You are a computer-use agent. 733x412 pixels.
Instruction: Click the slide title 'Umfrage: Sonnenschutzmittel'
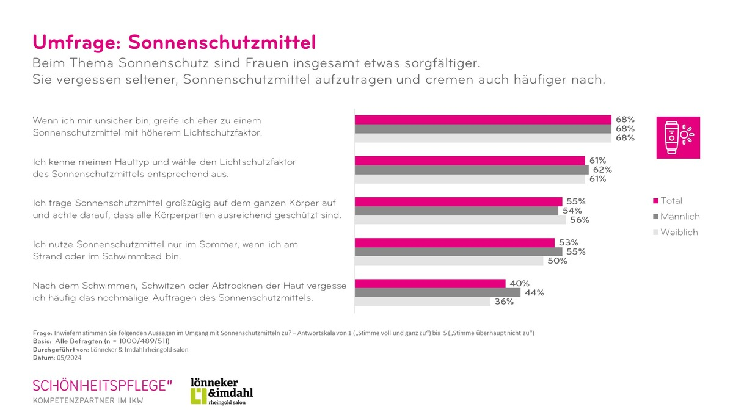point(174,42)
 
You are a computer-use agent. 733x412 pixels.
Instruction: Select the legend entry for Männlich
point(676,217)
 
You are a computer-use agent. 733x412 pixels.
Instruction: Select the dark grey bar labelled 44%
point(437,293)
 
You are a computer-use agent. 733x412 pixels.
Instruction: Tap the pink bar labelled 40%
point(430,283)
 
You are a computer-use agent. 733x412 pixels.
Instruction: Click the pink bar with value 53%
point(454,242)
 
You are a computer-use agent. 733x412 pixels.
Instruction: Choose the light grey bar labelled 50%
point(449,261)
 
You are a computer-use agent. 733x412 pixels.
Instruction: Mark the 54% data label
point(571,211)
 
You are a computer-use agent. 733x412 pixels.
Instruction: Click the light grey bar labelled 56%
point(461,220)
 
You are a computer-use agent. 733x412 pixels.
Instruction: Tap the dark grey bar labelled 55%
point(458,251)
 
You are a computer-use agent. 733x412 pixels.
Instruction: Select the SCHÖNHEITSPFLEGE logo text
point(102,385)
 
